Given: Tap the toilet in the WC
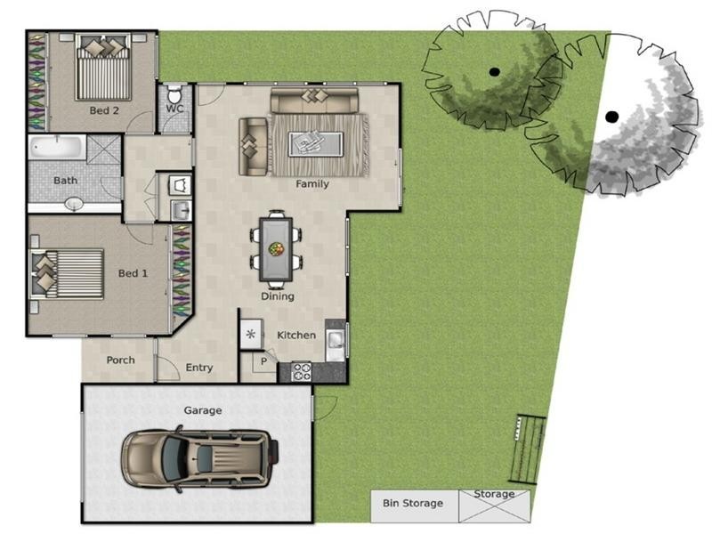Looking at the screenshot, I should tap(174, 94).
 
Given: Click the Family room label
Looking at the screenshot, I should tap(312, 184).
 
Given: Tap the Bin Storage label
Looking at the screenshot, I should tap(413, 504).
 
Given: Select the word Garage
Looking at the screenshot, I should tap(203, 410).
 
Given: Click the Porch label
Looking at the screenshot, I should tap(120, 360).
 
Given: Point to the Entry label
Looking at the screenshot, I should tap(199, 368).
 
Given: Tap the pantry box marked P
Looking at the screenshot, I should tap(264, 361).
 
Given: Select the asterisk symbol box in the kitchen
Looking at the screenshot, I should tap(250, 335).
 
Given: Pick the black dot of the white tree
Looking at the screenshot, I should tap(611, 116).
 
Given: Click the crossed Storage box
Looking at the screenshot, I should tap(494, 506).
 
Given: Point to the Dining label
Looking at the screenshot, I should tap(277, 296).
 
